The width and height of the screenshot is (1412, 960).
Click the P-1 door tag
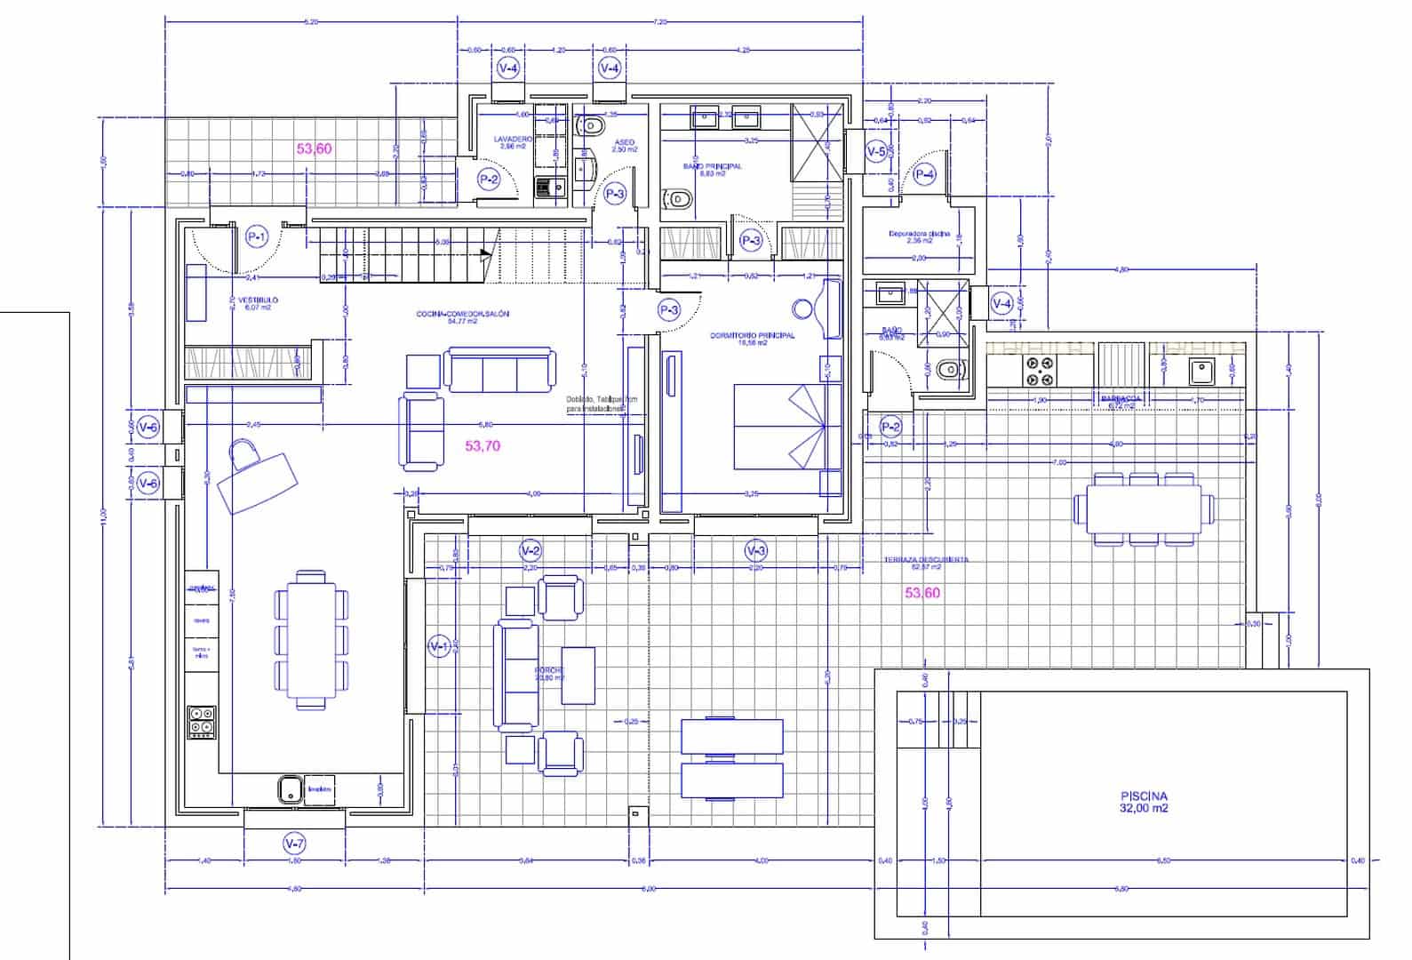[257, 236]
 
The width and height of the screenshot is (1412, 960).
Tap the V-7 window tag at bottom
[294, 843]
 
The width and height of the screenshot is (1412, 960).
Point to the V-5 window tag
[876, 152]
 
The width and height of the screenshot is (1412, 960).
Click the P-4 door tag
[925, 173]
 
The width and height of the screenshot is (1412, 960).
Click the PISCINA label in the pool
[1144, 797]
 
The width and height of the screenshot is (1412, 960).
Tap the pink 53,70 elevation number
[483, 446]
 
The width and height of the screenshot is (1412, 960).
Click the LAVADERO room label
[513, 140]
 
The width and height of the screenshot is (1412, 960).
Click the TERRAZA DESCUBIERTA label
[926, 560]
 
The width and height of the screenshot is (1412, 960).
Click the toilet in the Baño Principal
[678, 200]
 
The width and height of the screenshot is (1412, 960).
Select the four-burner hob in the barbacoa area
[1039, 371]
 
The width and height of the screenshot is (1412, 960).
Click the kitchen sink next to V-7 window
[288, 788]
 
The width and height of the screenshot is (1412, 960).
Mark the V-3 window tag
[755, 550]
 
